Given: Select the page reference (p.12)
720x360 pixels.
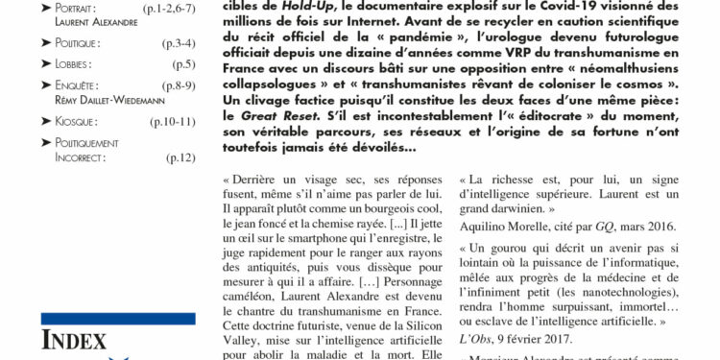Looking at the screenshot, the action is [180, 157].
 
